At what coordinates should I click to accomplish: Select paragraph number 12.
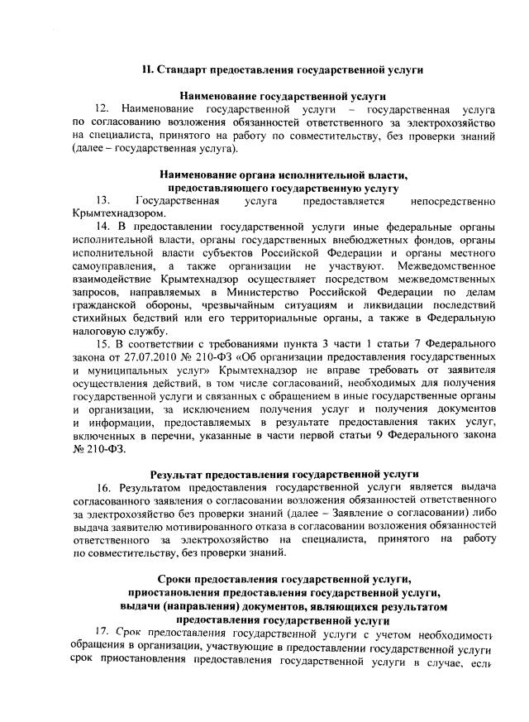coord(102,109)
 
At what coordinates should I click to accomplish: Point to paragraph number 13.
coord(102,200)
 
